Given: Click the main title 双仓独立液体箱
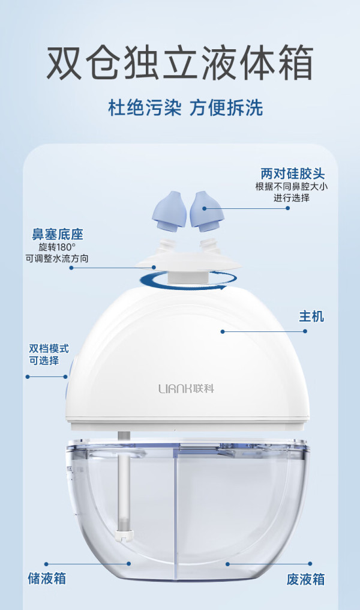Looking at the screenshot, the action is point(180,63).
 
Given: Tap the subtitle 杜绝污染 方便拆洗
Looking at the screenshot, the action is point(185,107).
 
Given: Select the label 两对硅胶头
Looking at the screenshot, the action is point(292,174).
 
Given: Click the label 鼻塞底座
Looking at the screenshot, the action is point(58,234).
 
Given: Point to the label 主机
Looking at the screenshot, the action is point(311,316).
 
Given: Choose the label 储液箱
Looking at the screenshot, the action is point(47,578).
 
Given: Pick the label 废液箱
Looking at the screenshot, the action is point(305,579).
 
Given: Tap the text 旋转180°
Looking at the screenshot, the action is point(57,247).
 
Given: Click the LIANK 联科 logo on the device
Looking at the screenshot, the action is point(186,388).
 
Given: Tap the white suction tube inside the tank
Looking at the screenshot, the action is point(124,486).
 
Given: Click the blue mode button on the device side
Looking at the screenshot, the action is point(69,378).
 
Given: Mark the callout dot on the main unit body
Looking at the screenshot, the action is point(223,331).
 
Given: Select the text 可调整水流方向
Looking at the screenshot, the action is point(57,258).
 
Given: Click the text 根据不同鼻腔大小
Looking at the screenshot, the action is point(292,186).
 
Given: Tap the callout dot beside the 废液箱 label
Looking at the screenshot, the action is point(310,563).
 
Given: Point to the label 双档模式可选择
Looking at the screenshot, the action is point(49,354).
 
